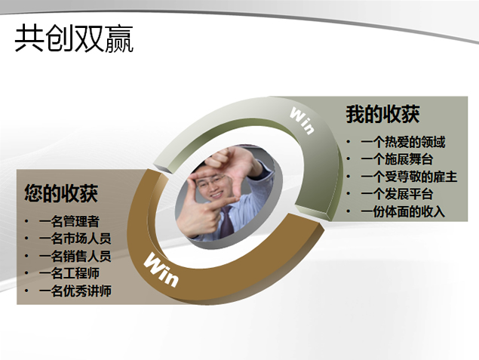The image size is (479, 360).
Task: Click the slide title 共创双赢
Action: click(74, 40)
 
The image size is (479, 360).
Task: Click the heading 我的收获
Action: click(382, 115)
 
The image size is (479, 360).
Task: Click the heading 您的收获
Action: click(60, 193)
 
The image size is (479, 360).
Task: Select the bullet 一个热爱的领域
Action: click(403, 142)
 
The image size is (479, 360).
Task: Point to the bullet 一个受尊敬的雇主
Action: click(409, 177)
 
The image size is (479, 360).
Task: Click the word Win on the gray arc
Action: click(302, 120)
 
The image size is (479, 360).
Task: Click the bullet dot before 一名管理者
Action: click(28, 222)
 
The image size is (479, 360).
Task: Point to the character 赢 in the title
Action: click(118, 40)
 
